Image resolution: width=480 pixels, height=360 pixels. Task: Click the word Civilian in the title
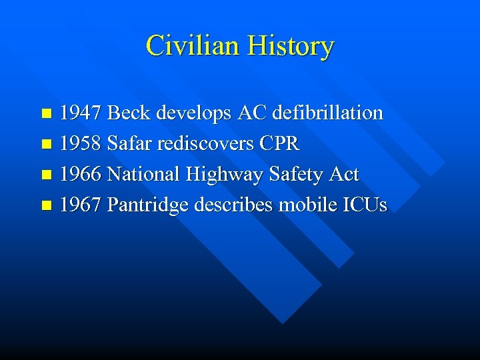193,46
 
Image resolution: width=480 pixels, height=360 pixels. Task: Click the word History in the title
290,46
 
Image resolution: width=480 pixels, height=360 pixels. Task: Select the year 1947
81,113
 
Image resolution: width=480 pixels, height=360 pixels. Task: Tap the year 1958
81,143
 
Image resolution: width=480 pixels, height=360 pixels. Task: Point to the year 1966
81,174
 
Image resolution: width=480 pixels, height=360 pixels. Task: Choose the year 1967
81,205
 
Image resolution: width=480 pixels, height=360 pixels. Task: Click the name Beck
129,113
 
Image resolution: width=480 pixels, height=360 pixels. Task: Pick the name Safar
129,143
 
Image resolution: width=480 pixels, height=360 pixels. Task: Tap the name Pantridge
147,205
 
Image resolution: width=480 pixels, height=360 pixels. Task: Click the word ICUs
363,205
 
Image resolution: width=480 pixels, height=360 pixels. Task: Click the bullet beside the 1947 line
46,114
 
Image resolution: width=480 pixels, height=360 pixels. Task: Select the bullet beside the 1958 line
46,145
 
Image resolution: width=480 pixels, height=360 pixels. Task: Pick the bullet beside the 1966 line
46,175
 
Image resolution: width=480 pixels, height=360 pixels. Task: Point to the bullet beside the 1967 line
46,206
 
